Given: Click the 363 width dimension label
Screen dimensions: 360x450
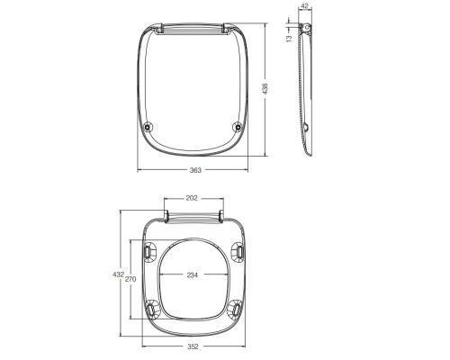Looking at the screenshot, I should click(x=195, y=169).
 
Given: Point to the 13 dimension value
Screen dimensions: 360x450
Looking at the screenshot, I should click(x=289, y=38).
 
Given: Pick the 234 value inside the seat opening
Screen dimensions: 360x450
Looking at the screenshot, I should click(x=191, y=275).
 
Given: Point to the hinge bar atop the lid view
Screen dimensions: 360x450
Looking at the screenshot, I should click(x=193, y=30).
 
